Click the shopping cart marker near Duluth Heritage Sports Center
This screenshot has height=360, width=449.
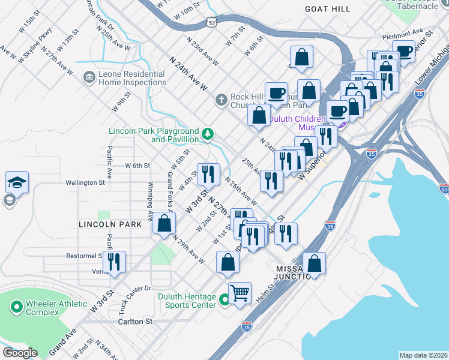(x=240, y=293)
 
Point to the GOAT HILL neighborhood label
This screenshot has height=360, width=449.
(x=327, y=9)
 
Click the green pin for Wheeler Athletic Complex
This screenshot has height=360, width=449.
(x=17, y=308)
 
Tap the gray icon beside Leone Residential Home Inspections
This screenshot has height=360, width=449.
(x=89, y=77)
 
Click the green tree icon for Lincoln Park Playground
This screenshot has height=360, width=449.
(x=208, y=133)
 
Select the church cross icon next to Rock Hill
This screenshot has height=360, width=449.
(x=221, y=99)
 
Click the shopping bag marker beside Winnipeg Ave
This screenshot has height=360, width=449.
(x=164, y=224)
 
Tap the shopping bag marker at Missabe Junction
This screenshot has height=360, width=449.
(x=314, y=263)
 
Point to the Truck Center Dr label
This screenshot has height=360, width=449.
(x=134, y=298)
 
